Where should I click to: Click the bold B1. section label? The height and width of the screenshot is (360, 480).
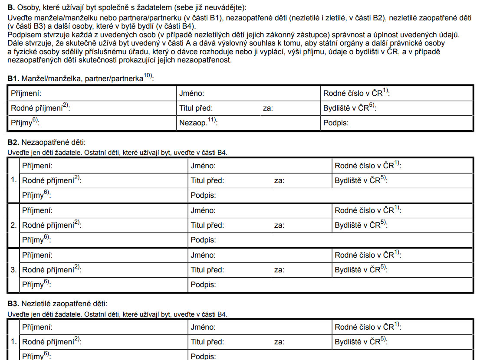point(13,79)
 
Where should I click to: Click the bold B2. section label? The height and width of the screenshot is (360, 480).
point(13,142)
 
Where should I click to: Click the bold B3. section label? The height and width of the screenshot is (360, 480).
point(13,304)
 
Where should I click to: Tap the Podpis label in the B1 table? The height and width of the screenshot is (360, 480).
point(336,123)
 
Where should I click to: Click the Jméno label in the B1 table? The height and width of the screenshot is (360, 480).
point(191,93)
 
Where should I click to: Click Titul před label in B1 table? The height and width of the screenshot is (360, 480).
point(196,108)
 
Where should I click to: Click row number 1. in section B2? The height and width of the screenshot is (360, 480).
point(14,180)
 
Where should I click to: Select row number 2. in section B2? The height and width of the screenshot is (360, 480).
point(14,225)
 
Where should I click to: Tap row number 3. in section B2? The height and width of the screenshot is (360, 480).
point(14,270)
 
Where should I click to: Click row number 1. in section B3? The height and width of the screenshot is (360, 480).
point(14,342)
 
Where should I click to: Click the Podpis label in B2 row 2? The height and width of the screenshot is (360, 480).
point(203,240)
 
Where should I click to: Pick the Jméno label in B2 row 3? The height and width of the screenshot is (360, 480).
point(203,255)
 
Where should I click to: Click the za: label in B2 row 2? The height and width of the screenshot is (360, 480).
point(279,225)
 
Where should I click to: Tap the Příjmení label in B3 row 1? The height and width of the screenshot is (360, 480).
point(37,327)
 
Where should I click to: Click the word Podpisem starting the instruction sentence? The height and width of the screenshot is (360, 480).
point(23,34)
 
